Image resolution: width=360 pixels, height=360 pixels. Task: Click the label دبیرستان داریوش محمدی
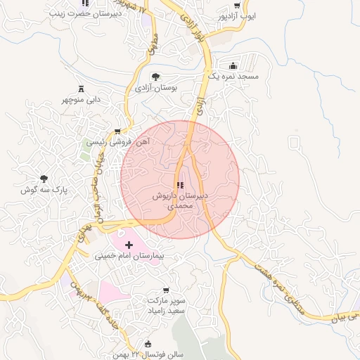180,202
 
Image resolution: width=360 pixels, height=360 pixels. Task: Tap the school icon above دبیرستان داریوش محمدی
180,185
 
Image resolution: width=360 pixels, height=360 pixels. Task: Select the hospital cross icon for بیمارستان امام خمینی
129,244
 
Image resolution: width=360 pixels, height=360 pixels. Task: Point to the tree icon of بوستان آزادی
155,77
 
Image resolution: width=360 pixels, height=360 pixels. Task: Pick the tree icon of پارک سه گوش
44,179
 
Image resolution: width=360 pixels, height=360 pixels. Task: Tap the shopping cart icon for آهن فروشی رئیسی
117,131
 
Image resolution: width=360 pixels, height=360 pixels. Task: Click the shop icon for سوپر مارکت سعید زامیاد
166,290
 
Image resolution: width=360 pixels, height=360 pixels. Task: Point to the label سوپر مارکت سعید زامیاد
167,305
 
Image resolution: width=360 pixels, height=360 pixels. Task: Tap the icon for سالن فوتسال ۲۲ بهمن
148,344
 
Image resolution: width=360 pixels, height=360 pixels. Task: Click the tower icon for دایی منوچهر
81,89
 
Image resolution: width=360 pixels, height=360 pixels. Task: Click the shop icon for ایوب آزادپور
237,4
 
